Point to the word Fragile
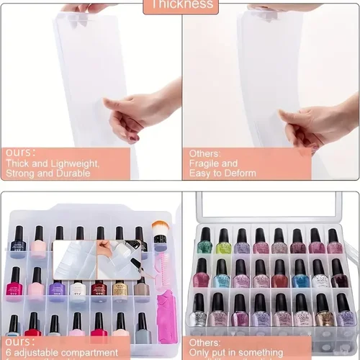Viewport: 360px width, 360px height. click(204, 163)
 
